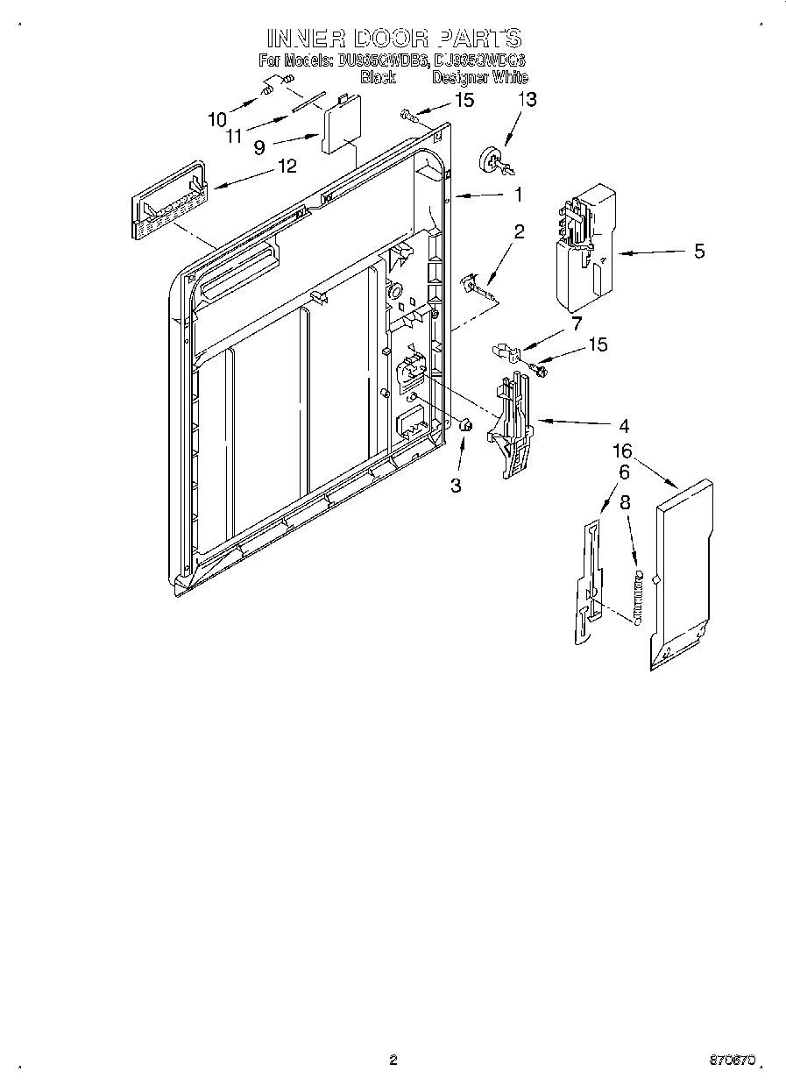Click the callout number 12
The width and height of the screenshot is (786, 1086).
point(287,165)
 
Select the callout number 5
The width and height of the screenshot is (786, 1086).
point(698,252)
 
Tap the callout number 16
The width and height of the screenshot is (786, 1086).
point(622,451)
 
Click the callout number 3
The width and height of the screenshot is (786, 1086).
point(456,486)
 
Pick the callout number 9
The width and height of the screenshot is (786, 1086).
point(259,147)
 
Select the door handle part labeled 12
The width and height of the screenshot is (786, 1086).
point(169,202)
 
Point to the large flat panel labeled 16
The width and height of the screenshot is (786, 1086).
point(682,574)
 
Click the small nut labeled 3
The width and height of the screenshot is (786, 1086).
point(466,425)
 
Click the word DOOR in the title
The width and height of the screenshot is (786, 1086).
point(391,38)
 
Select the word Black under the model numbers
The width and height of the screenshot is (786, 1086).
point(378,77)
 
